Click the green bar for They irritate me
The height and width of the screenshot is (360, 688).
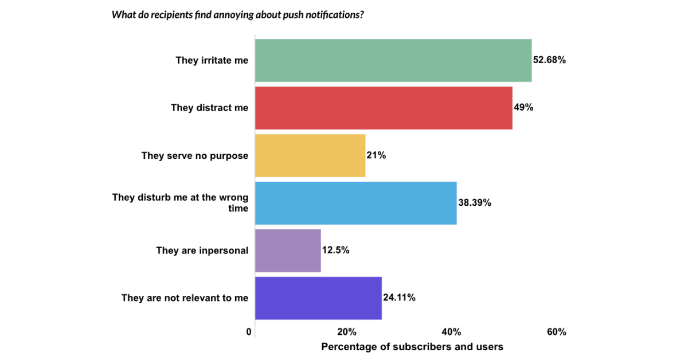pyautogui.click(x=393, y=60)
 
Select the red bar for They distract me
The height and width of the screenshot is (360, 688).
pyautogui.click(x=384, y=108)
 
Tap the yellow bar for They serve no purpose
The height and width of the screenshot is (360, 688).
pyautogui.click(x=310, y=155)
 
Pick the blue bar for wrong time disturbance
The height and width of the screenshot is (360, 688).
pyautogui.click(x=355, y=203)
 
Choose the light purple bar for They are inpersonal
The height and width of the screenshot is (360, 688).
pyautogui.click(x=288, y=251)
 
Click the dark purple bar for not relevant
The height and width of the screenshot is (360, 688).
pyautogui.click(x=318, y=298)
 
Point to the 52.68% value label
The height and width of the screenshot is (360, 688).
pyautogui.click(x=550, y=60)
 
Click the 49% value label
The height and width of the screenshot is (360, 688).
pyautogui.click(x=523, y=107)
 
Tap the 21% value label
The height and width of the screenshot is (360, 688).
pyautogui.click(x=377, y=155)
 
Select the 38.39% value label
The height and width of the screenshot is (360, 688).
pyautogui.click(x=475, y=202)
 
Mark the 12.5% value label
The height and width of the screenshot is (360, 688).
pyautogui.click(x=336, y=250)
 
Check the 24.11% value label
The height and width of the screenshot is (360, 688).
pyautogui.click(x=399, y=298)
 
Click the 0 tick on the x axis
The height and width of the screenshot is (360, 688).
pyautogui.click(x=249, y=332)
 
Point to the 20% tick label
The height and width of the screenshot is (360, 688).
pyautogui.click(x=347, y=332)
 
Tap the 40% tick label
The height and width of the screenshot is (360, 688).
pyautogui.click(x=452, y=332)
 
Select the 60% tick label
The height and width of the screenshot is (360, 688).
pyautogui.click(x=557, y=332)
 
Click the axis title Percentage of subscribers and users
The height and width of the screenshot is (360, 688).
pyautogui.click(x=412, y=347)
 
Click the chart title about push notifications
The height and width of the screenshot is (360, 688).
pyautogui.click(x=237, y=14)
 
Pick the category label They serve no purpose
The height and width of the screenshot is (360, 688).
pyautogui.click(x=195, y=155)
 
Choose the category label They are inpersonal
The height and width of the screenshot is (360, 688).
pyautogui.click(x=202, y=251)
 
